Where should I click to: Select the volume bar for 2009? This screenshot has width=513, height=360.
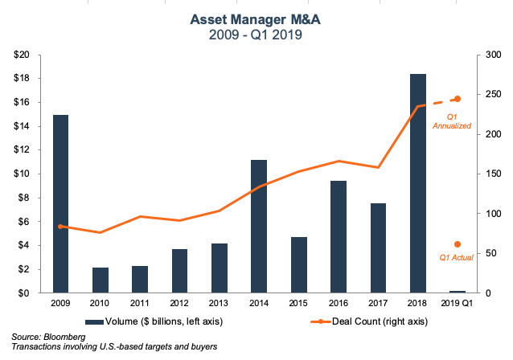(x=60, y=204)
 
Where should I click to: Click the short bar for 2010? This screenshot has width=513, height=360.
(x=101, y=280)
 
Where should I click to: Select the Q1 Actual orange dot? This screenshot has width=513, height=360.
(x=458, y=244)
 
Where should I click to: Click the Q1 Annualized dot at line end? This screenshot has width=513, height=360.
(x=458, y=99)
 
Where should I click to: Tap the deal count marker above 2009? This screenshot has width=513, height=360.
(x=60, y=227)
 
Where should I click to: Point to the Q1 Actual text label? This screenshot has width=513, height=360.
(x=455, y=258)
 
